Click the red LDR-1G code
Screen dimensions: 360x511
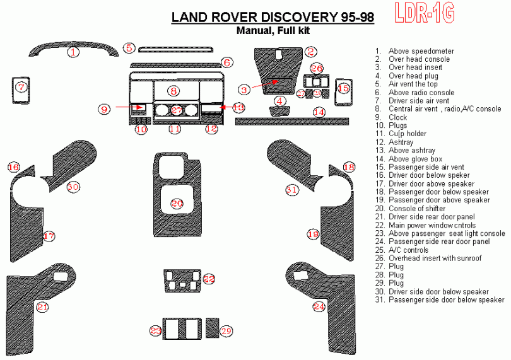[424, 14]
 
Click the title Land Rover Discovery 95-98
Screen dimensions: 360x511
[273, 18]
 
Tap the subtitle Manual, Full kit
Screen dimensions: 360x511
[273, 30]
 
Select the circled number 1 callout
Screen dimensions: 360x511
[74, 52]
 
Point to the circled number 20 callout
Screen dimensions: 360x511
[177, 203]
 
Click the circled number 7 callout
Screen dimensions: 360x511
[21, 87]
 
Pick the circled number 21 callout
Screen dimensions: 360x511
[42, 307]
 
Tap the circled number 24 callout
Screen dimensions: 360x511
[319, 307]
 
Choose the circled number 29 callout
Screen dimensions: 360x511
[226, 330]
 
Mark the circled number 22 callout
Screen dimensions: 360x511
[209, 279]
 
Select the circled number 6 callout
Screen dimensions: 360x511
[227, 62]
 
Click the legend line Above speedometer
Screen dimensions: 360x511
[421, 51]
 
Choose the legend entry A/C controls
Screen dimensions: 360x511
[409, 250]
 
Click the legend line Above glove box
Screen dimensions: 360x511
[415, 159]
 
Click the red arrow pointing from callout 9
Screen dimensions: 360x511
[123, 108]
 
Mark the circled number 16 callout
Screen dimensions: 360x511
[13, 167]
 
